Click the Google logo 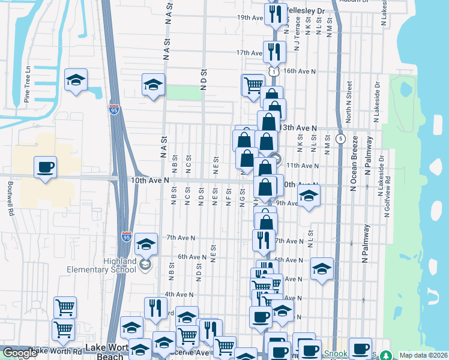20,353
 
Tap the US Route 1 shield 274,71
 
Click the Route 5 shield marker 340,139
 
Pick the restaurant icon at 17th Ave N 274,52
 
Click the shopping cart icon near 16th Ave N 253,85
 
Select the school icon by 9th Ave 309,196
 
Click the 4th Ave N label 179,295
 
